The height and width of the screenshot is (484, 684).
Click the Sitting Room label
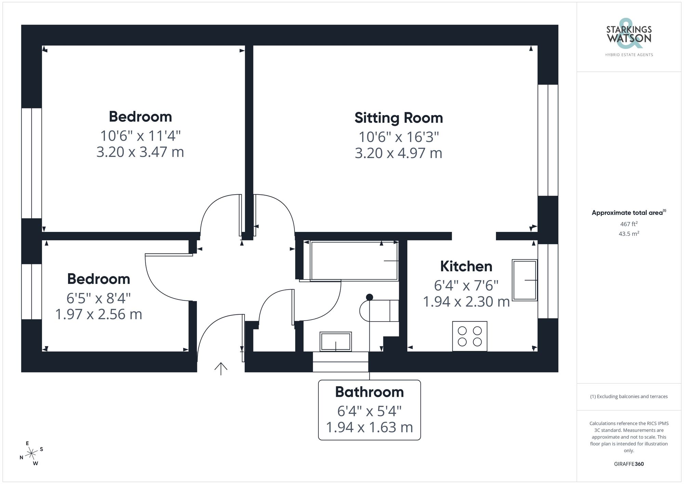click(x=398, y=118)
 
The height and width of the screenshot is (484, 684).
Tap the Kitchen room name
click(x=466, y=266)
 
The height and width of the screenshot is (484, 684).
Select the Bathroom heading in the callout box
click(x=369, y=392)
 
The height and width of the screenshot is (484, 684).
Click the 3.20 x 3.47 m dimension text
click(x=140, y=152)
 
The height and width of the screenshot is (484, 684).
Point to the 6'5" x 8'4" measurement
click(x=98, y=298)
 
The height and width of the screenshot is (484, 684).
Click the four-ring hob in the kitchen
click(x=470, y=336)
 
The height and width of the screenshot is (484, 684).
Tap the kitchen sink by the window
click(x=524, y=280)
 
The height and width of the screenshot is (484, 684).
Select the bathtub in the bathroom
click(x=354, y=261)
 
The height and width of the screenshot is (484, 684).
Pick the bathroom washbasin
click(x=336, y=341)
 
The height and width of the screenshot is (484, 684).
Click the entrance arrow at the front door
click(x=221, y=368)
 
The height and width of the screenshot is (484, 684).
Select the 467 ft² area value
click(x=629, y=224)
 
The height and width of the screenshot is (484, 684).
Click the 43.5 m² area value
click(x=629, y=234)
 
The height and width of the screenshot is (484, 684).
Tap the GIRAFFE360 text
click(x=629, y=464)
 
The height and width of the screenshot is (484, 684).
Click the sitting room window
click(x=548, y=140)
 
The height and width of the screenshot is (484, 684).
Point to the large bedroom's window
click(x=31, y=163)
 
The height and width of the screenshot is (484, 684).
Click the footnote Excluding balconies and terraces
click(x=629, y=397)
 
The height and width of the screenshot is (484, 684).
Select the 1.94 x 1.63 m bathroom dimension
click(x=369, y=428)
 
